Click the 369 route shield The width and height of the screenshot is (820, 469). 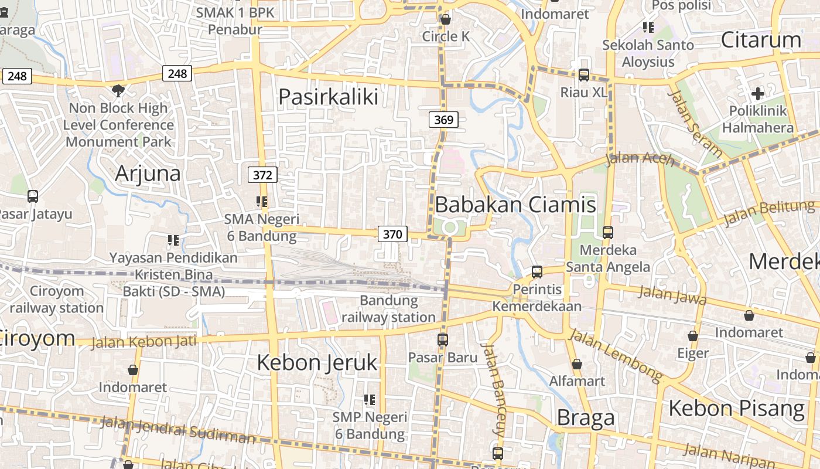[x=443, y=120]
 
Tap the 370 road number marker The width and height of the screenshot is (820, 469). [x=392, y=235]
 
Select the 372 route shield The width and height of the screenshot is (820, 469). [x=263, y=175]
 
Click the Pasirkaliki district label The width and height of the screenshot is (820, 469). [x=328, y=97]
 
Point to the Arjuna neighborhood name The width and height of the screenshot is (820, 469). [x=148, y=174]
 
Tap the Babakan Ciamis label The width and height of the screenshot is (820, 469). [x=515, y=205]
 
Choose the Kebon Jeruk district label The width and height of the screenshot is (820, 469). [x=317, y=363]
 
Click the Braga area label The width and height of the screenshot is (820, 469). [x=586, y=417]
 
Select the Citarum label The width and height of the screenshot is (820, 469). [x=761, y=40]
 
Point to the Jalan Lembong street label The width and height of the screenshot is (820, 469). [x=616, y=354]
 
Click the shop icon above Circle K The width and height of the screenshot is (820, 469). [x=446, y=19]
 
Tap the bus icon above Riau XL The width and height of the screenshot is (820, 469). [x=584, y=75]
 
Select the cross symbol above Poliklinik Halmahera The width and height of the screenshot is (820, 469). [x=757, y=93]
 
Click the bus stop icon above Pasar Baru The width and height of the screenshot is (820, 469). [x=443, y=339]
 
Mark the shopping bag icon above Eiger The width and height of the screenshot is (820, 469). [x=693, y=337]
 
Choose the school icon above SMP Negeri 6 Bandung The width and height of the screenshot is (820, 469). [x=370, y=400]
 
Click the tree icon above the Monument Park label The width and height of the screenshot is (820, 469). [x=118, y=90]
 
